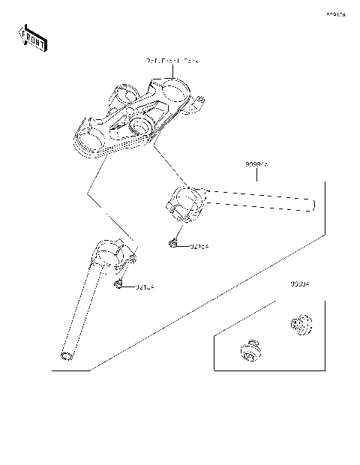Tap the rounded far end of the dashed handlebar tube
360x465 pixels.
tap(312, 204)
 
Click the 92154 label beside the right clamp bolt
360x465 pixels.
tap(199, 245)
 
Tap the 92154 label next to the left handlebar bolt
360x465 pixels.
tap(145, 286)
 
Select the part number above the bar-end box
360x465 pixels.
tap(301, 286)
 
